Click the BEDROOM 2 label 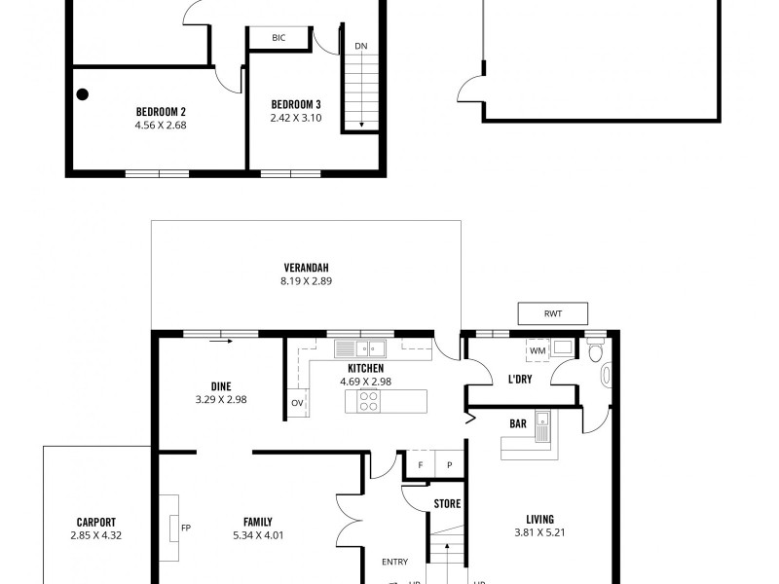point(161,111)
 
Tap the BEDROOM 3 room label point(296,104)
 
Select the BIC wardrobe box point(278,38)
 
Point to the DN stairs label point(361,46)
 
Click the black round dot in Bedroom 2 point(83,94)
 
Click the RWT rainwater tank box point(553,313)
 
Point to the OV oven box point(296,403)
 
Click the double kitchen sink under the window point(359,347)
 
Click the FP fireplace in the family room point(174,528)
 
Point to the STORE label point(447,504)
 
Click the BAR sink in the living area point(548,426)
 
